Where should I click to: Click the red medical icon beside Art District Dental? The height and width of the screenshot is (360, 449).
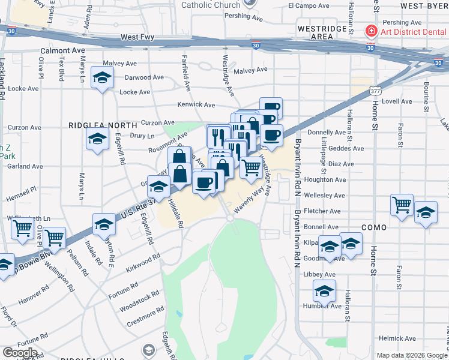pyautogui.click(x=372, y=31)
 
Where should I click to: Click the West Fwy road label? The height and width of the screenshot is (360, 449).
pyautogui.click(x=137, y=37)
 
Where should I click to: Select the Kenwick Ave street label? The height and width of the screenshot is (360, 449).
pyautogui.click(x=196, y=104)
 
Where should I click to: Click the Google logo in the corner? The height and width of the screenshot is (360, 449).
pyautogui.click(x=20, y=352)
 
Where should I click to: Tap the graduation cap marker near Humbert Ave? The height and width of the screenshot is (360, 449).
pyautogui.click(x=325, y=292)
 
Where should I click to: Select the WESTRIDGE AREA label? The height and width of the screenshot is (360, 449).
pyautogui.click(x=323, y=32)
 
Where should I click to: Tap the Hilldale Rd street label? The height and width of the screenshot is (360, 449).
pyautogui.click(x=175, y=213)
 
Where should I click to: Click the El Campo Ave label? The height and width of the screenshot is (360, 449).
pyautogui.click(x=309, y=6)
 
